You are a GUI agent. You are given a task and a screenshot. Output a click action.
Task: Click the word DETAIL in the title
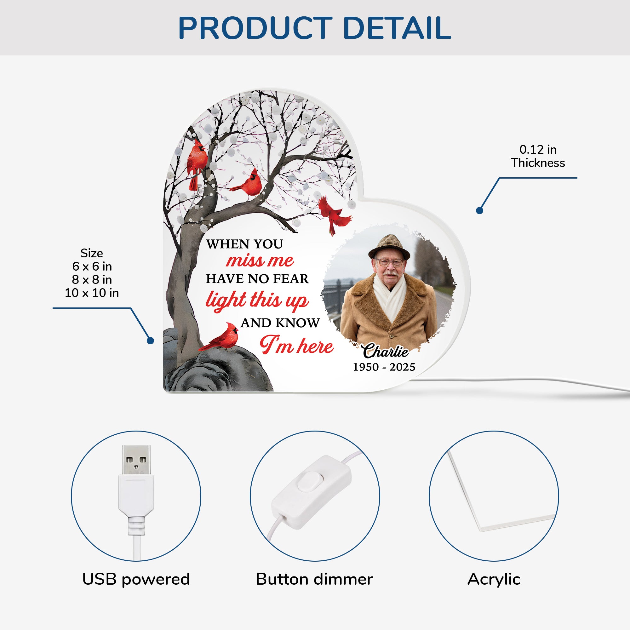pos(397,28)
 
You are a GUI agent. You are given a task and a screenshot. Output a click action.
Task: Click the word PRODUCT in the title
pos(255,28)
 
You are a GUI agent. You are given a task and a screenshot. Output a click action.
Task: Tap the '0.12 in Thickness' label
pos(538,156)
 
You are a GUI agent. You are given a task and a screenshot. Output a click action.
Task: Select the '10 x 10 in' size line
pos(92,293)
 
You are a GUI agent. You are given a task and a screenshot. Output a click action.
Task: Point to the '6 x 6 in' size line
pos(92,266)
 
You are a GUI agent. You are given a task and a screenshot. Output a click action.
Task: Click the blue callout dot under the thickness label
pos(479,211)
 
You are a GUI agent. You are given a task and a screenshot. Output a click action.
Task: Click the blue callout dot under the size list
pos(150,341)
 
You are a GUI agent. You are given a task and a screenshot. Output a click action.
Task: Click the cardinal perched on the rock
pos(219,337)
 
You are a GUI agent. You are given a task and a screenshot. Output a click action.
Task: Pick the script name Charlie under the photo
pos(386,351)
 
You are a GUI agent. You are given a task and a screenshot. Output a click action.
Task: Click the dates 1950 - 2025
pos(384,367)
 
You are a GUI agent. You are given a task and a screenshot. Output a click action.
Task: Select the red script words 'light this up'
pos(257,300)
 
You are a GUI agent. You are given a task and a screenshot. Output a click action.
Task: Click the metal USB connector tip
pos(136,460)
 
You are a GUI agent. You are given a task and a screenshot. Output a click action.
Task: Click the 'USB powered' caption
pos(136,580)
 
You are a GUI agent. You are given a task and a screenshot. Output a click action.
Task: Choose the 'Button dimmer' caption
pos(314,579)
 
